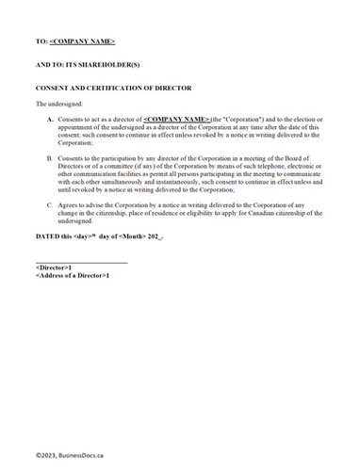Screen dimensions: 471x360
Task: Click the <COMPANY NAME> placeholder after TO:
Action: tap(82, 42)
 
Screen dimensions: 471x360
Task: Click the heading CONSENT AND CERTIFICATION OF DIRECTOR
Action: tap(113, 88)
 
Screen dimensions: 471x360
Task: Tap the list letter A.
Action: tap(50, 121)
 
